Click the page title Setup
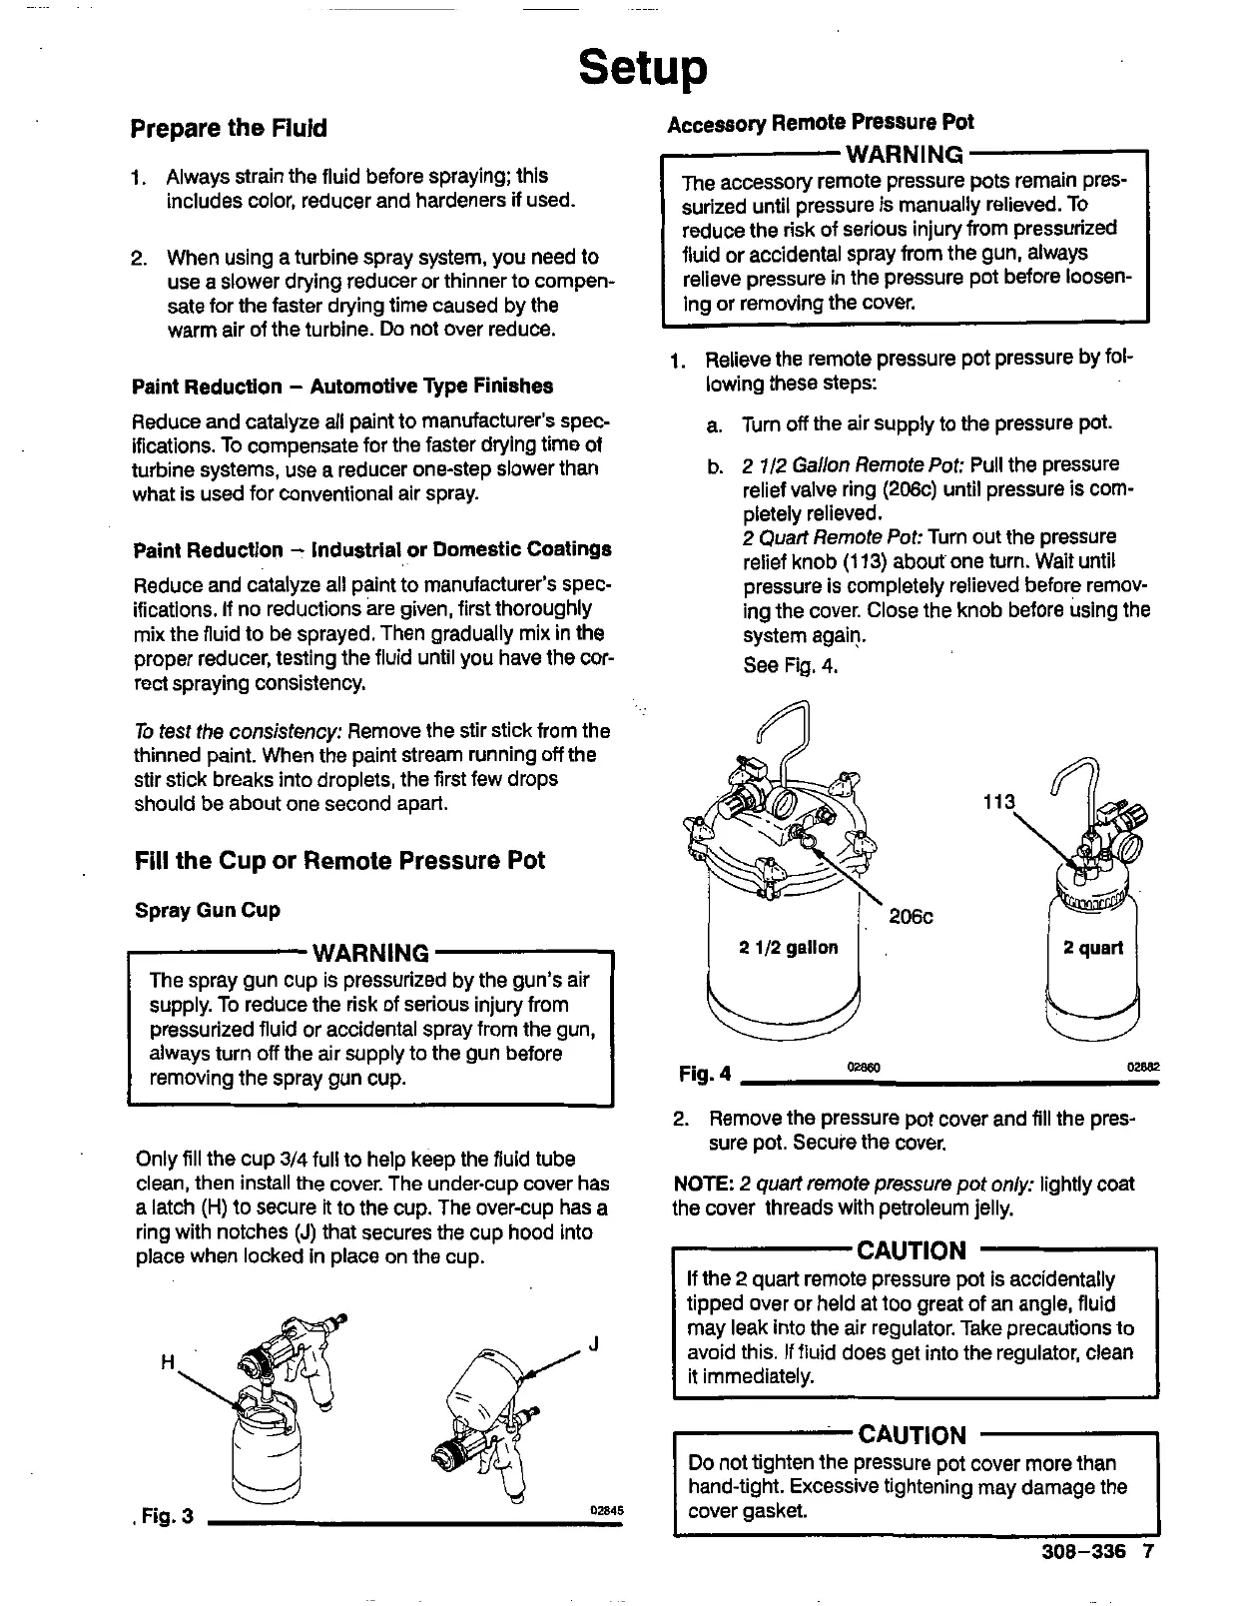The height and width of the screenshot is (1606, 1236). [x=643, y=68]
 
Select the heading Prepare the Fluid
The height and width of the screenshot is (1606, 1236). [x=229, y=129]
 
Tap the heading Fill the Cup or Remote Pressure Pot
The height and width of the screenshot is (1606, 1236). [x=339, y=861]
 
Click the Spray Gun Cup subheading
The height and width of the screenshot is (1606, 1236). [x=208, y=911]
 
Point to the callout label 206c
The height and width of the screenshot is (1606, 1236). [x=911, y=917]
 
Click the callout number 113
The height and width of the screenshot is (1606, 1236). [x=997, y=802]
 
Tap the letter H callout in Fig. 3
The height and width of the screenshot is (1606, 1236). [x=167, y=1360]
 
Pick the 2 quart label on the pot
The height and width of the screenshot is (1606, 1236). [x=1092, y=948]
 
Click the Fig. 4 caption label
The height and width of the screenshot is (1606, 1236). [x=704, y=1075]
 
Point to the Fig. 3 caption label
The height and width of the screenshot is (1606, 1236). [x=166, y=1516]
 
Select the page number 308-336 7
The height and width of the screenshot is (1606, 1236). [x=1094, y=1552]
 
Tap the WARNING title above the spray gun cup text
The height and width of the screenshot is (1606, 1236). [x=370, y=952]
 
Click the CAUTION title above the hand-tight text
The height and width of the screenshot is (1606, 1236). [x=912, y=1435]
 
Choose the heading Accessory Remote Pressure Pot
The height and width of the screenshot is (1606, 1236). [x=820, y=123]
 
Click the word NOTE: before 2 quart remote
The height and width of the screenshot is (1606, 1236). [x=704, y=1185]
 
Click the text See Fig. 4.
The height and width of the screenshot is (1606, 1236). [x=789, y=665]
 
